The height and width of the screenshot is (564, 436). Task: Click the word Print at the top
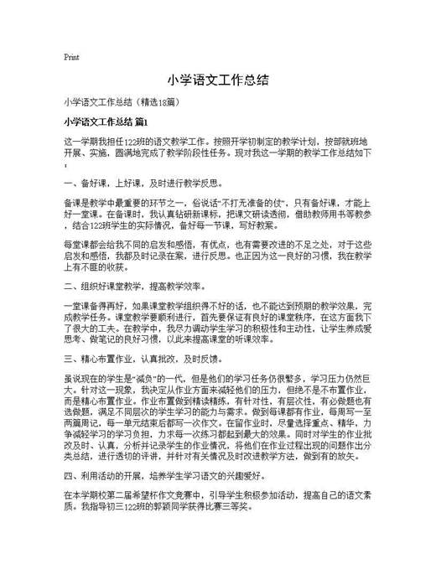click(x=71, y=57)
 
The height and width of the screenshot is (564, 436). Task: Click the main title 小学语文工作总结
click(x=217, y=81)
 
